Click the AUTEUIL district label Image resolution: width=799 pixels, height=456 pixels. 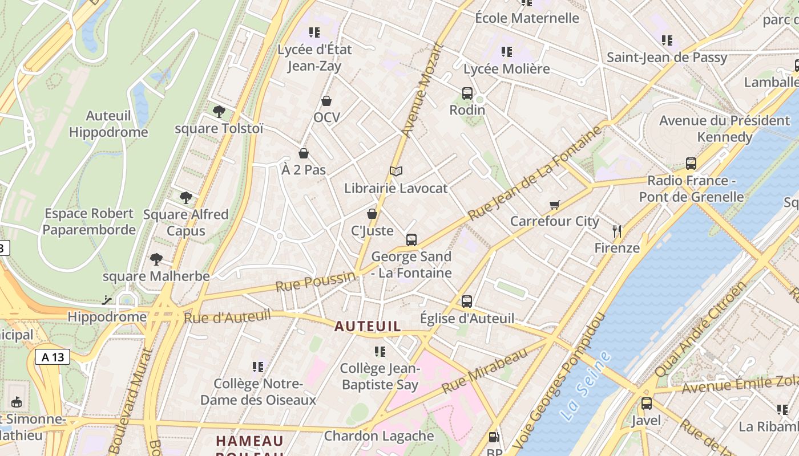tap(368, 327)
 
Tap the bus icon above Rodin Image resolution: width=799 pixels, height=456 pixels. tap(467, 93)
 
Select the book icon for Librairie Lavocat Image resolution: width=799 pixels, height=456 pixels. tap(396, 171)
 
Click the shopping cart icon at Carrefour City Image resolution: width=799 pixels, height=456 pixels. tap(554, 205)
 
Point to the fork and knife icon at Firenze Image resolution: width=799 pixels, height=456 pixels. tap(616, 231)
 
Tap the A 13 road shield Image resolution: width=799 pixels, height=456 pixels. tap(53, 357)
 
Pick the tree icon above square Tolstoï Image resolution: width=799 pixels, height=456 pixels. tap(219, 112)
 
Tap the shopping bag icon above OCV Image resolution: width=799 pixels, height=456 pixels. tap(326, 101)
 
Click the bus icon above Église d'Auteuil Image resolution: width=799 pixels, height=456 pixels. tap(467, 302)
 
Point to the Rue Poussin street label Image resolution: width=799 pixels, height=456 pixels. tap(315, 282)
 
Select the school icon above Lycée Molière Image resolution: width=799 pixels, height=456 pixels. tap(506, 52)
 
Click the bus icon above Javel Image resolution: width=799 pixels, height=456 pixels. tap(646, 404)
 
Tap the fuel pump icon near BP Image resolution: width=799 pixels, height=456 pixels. tap(494, 438)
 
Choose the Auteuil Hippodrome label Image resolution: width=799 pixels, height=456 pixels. tap(108, 124)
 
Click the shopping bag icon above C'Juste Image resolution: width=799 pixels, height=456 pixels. tap(372, 214)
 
